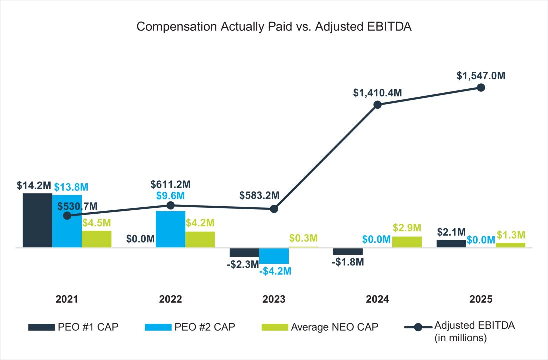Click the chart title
coord(274,27)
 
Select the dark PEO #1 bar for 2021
coord(37,220)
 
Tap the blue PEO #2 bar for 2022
coord(170,229)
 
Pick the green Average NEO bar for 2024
coord(407,242)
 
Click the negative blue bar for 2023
coord(274,256)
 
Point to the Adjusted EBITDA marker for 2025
coord(481,87)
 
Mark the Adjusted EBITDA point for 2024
coord(378,105)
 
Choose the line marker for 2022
coord(170,205)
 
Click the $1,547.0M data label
coord(481,76)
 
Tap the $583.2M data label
coord(259,194)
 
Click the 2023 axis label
coord(274,299)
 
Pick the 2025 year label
coord(481,299)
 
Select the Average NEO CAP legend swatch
coord(275,327)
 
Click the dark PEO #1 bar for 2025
coord(451,244)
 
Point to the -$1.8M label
coord(348,261)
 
